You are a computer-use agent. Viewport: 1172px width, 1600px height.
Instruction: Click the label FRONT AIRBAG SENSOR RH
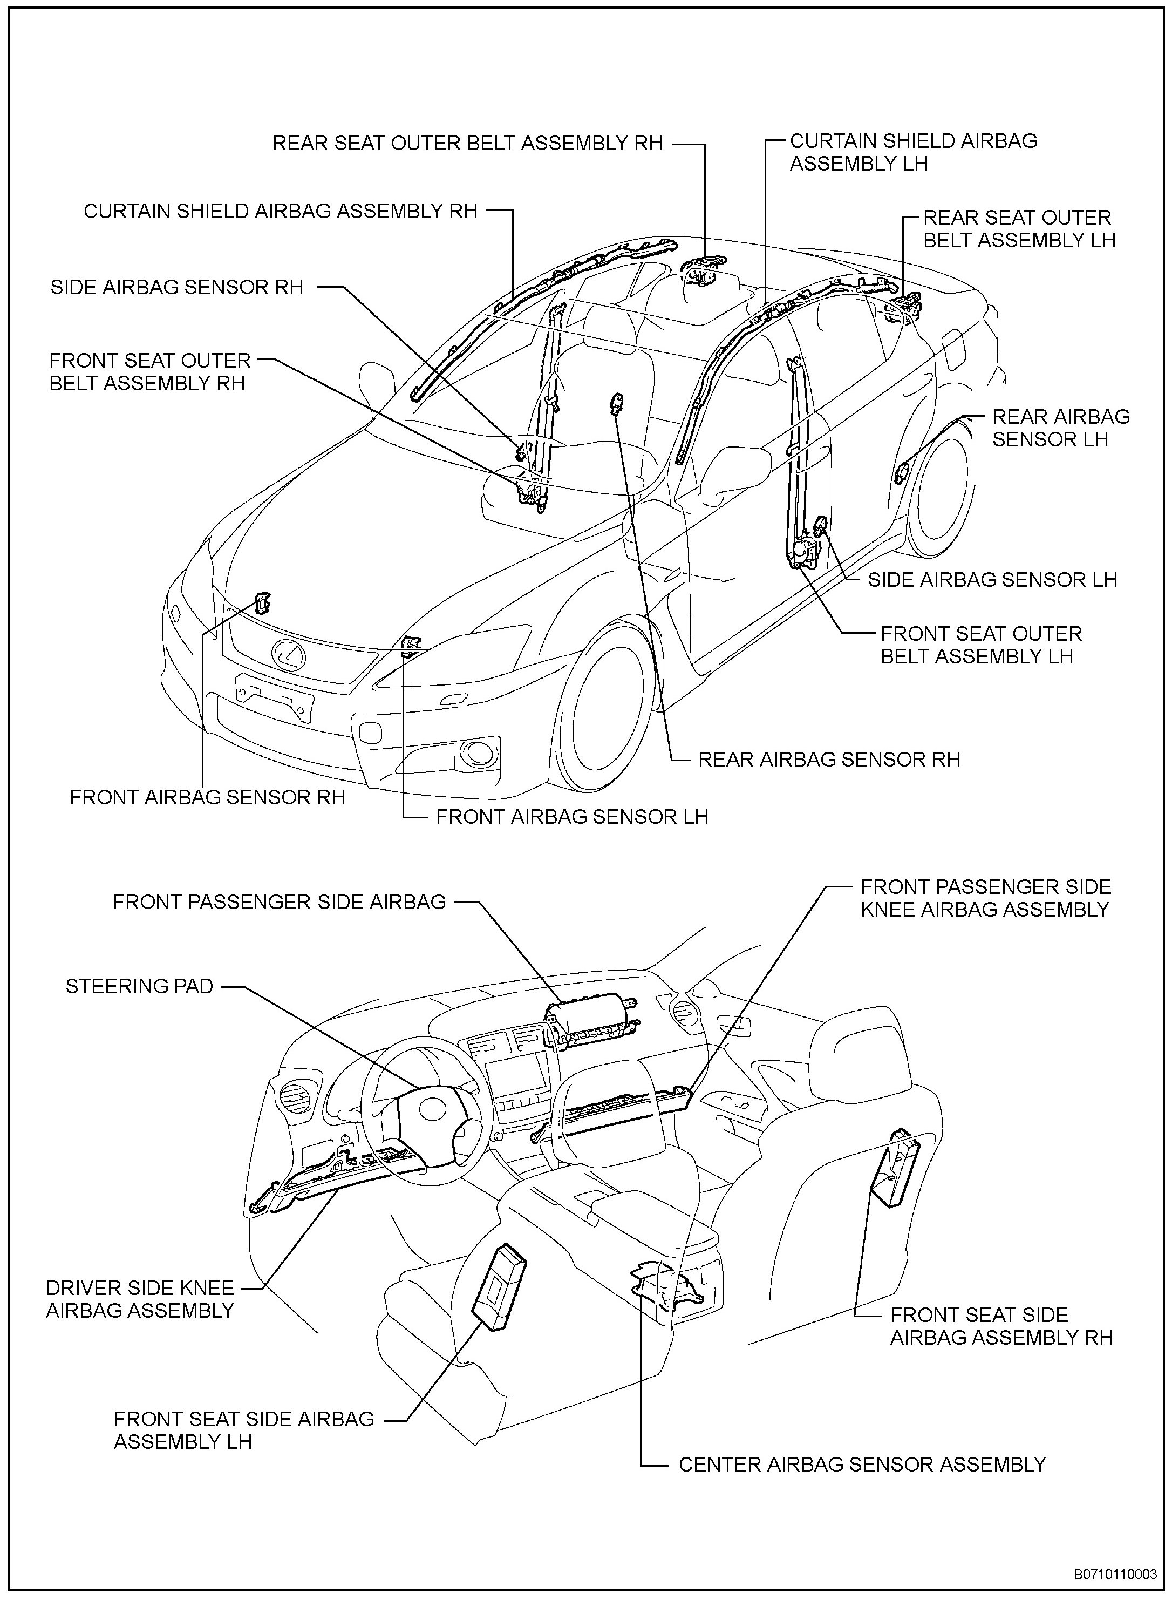point(207,797)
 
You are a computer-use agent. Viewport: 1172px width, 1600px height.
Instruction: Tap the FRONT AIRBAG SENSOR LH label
point(572,817)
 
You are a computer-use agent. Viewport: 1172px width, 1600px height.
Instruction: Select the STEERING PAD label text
point(139,986)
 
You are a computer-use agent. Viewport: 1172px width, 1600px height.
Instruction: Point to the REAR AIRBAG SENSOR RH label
point(829,759)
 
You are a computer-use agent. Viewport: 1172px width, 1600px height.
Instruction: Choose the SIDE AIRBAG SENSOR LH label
point(992,580)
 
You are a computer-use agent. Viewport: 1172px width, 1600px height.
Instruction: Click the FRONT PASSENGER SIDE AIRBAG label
point(280,902)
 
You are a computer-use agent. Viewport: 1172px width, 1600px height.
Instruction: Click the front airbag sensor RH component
point(262,602)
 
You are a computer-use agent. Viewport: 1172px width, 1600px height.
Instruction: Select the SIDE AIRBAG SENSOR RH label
point(176,287)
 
